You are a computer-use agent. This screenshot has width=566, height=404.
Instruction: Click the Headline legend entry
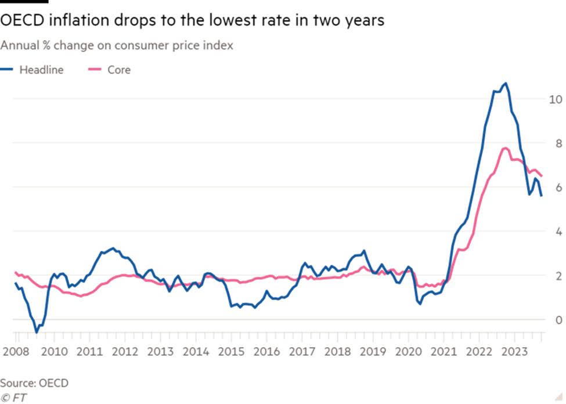[41, 70]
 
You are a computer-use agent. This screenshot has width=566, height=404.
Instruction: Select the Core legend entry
[118, 70]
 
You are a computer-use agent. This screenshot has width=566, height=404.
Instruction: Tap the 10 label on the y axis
[556, 99]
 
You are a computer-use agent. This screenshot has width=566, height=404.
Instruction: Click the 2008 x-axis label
[16, 352]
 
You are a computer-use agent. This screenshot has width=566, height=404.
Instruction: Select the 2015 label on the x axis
[230, 352]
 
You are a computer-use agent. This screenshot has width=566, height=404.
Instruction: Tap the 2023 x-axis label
[514, 352]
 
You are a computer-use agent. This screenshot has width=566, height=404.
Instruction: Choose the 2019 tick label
[373, 352]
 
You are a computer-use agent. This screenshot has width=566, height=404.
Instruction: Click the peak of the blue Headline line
[506, 83]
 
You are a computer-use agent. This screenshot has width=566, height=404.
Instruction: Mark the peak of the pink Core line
[506, 148]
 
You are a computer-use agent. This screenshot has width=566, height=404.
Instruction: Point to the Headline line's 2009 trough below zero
[37, 330]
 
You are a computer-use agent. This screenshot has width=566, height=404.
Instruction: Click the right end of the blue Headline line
[542, 196]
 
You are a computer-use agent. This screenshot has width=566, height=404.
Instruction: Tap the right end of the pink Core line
[542, 176]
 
